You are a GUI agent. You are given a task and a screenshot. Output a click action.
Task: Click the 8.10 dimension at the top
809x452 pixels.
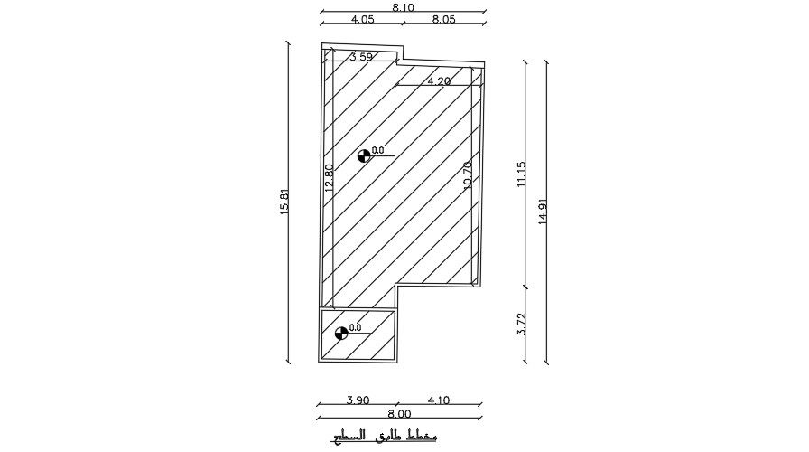[x=404, y=6]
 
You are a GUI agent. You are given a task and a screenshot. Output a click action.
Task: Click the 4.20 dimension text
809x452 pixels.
[x=439, y=81]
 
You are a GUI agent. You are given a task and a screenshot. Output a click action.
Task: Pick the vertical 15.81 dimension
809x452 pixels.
[x=284, y=201]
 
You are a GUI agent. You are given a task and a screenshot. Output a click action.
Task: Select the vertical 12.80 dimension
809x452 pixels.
[x=329, y=177]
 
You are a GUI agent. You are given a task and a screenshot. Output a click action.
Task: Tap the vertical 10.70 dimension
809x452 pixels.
[x=467, y=175]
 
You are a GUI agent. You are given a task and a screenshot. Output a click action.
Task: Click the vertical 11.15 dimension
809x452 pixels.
[x=521, y=174]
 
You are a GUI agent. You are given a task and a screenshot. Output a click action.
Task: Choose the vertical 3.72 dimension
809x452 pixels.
[x=521, y=325]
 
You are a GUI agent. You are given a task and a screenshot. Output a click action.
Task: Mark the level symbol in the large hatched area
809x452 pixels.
[x=364, y=155]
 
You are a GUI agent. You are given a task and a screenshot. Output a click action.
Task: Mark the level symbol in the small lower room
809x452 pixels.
[x=341, y=333]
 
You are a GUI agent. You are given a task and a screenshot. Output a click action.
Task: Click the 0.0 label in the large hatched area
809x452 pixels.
[x=378, y=151]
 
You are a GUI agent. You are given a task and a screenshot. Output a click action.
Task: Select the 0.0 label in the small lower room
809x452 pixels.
[x=356, y=328]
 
